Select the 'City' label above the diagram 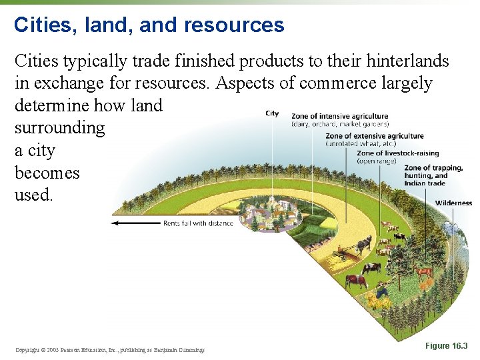click(x=272, y=113)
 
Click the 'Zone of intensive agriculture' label click(x=340, y=116)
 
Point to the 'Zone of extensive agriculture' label click(x=375, y=136)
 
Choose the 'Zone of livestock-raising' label click(x=398, y=153)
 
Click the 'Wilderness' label click(x=453, y=203)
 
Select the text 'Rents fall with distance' click(x=198, y=223)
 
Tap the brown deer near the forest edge click(x=423, y=271)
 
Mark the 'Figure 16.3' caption click(x=446, y=346)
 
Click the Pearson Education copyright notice click(x=109, y=349)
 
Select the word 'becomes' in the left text click(x=47, y=173)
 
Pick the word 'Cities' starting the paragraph click(x=36, y=61)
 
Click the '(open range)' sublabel click(x=377, y=161)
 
